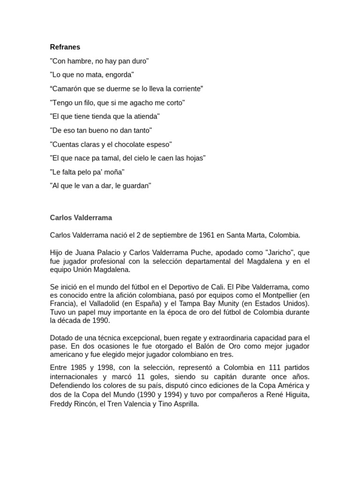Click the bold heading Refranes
pos(65,47)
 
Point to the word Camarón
pos(67,89)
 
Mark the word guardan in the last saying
pos(136,186)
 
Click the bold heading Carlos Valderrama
pos(81,218)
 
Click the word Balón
pos(195,346)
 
